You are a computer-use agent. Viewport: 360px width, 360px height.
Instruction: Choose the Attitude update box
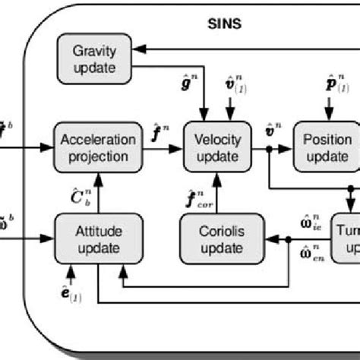pyautogui.click(x=88, y=236)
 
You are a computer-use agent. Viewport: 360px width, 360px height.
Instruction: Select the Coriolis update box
pyautogui.click(x=216, y=236)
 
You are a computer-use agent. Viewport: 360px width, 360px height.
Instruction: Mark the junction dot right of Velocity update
pyautogui.click(x=269, y=149)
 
